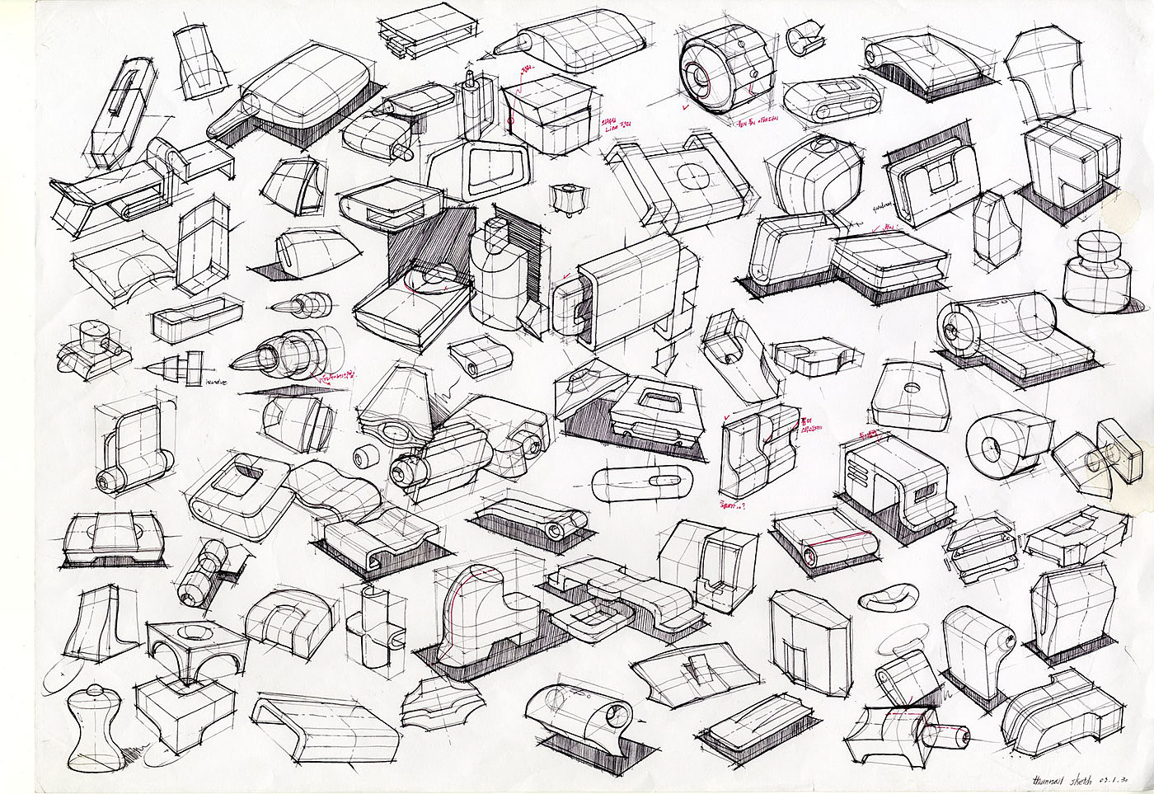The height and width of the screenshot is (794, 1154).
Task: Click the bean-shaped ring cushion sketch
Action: (889, 595)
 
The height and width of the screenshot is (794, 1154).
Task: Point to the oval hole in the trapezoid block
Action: (912, 387)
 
